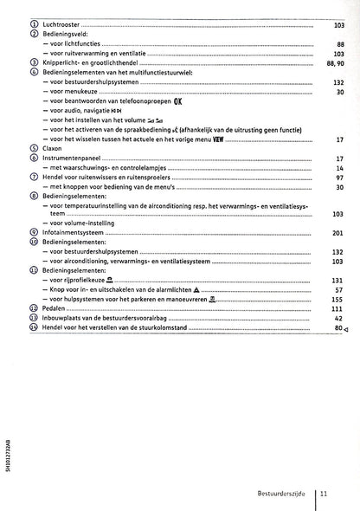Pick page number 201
click(337, 233)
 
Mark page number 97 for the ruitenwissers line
click(340, 177)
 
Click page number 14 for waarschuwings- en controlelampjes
click(340, 167)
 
